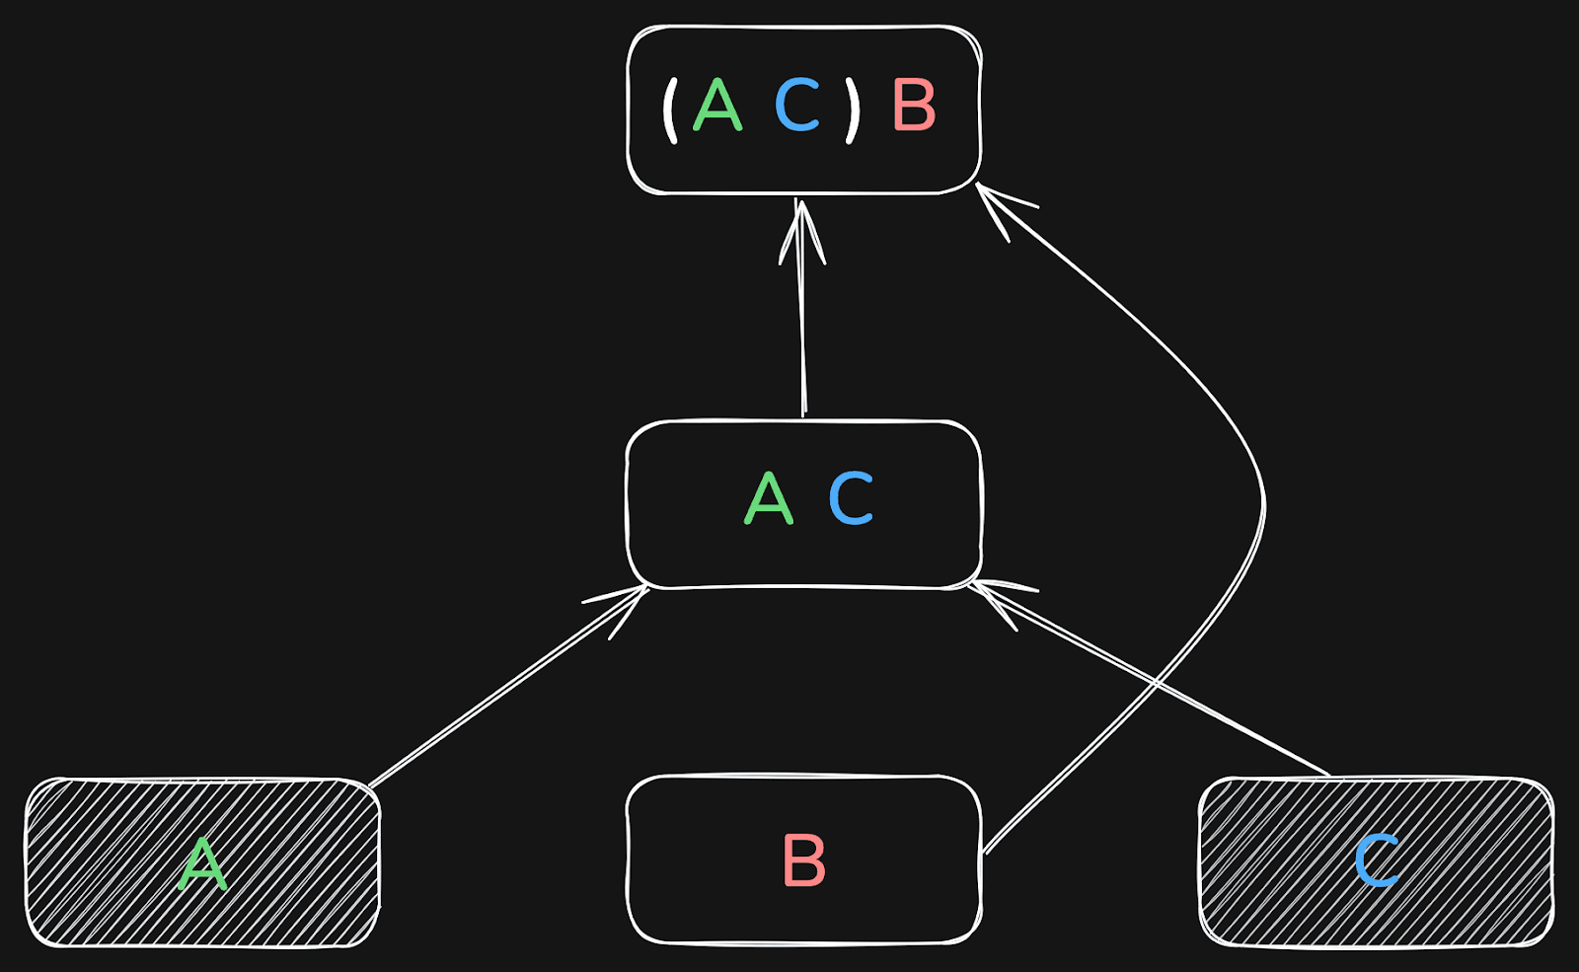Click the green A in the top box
click(717, 106)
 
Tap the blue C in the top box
click(797, 106)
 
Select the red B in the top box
click(914, 106)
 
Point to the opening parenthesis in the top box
click(671, 109)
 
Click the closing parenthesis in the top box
click(853, 109)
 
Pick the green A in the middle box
click(768, 498)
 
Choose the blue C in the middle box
click(851, 498)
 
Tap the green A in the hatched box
click(203, 864)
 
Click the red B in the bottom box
click(803, 861)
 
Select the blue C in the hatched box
click(1376, 860)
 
